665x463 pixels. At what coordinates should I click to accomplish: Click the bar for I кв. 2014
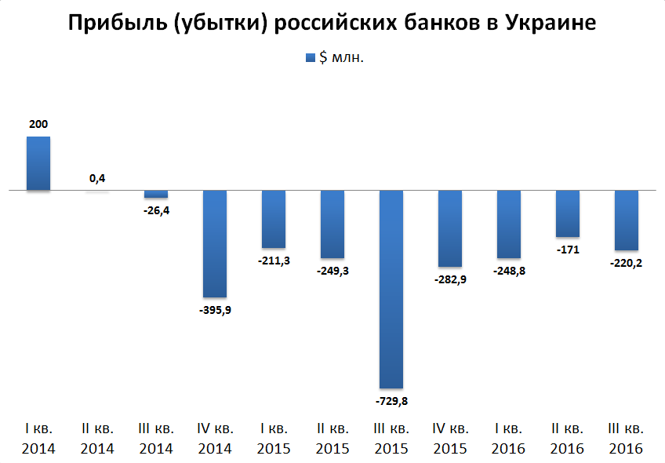click(x=38, y=163)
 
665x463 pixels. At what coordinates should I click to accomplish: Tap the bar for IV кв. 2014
click(x=215, y=243)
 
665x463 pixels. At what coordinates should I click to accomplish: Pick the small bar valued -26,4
click(x=156, y=194)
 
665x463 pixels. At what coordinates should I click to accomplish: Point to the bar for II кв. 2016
click(x=568, y=213)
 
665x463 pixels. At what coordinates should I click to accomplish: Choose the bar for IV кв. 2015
click(x=450, y=228)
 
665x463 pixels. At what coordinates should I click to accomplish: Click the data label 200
click(x=38, y=124)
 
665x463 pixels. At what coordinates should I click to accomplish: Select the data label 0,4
click(x=97, y=178)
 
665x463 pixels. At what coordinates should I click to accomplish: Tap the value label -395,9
click(x=215, y=309)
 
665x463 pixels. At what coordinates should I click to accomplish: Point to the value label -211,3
click(x=274, y=261)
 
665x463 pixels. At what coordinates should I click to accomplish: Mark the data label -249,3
click(x=332, y=271)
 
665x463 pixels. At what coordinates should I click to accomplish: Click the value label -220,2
click(x=627, y=263)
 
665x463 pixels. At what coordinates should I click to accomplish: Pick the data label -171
click(x=568, y=250)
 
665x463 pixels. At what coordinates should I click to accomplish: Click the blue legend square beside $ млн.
click(x=308, y=58)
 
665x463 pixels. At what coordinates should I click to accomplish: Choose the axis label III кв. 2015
click(x=391, y=439)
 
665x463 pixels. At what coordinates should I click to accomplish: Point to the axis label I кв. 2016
click(x=509, y=439)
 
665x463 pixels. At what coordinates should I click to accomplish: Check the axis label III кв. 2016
click(x=627, y=439)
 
